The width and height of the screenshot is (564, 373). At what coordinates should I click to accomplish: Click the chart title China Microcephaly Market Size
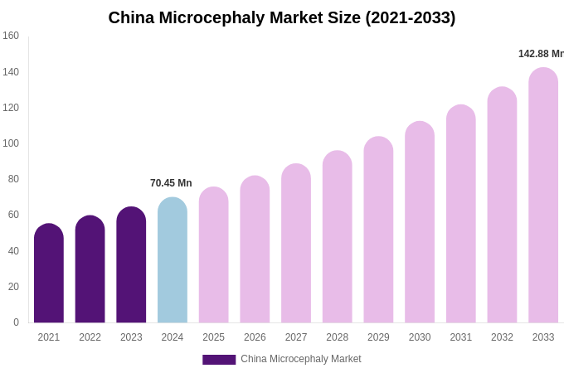(x=282, y=17)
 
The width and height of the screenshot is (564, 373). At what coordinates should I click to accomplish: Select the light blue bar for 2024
(x=173, y=261)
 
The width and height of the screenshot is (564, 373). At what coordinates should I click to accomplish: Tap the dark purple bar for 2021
(x=49, y=274)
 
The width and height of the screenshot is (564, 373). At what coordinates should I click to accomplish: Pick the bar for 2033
(x=543, y=196)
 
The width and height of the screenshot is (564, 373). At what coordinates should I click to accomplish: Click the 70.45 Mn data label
(x=171, y=183)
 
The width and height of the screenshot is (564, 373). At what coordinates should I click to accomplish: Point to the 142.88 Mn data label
(x=541, y=54)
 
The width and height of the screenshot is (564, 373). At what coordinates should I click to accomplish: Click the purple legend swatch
(x=219, y=360)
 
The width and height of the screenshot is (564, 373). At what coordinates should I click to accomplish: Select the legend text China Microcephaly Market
(x=301, y=359)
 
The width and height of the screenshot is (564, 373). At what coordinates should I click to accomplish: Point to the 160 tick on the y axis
(x=11, y=36)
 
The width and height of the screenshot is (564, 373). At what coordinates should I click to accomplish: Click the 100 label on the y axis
(x=11, y=143)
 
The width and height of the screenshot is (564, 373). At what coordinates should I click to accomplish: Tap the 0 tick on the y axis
(x=16, y=322)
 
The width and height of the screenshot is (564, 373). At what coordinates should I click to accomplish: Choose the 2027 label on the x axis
(x=296, y=337)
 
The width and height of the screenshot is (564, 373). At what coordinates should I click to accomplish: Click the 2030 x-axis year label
(x=420, y=337)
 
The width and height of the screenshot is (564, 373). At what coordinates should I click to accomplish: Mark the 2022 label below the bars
(x=90, y=337)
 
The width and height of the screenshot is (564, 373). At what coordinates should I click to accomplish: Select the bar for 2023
(x=131, y=265)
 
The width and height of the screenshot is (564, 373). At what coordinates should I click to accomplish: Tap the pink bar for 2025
(x=214, y=255)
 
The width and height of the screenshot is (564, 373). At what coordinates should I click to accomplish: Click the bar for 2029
(x=378, y=230)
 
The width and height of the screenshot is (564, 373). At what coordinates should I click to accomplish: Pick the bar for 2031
(x=461, y=214)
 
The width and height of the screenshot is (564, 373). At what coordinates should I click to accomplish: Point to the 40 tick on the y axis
(x=13, y=251)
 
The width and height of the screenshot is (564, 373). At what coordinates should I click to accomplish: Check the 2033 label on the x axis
(x=543, y=337)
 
